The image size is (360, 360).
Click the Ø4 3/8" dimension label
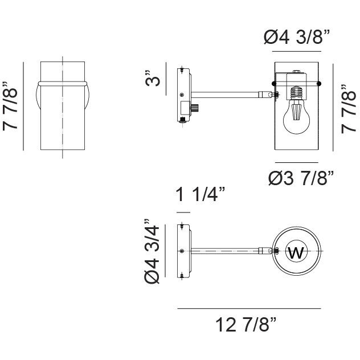pos(297,38)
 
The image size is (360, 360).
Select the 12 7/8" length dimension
pos(246,326)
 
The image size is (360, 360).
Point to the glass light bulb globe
pos(296,117)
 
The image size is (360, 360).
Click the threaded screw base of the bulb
pos(296,91)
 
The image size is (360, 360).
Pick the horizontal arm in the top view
pos(228,251)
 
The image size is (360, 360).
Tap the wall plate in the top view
pos(182,251)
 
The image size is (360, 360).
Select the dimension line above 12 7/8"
pos(249,308)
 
